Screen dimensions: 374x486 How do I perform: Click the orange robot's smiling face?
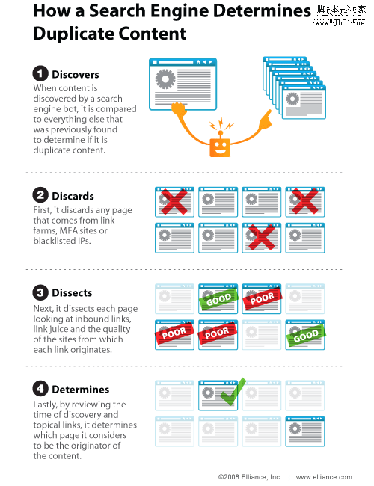click(x=220, y=147)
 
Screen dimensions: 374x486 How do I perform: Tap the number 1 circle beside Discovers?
click(x=40, y=74)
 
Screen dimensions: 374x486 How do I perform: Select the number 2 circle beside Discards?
click(x=40, y=195)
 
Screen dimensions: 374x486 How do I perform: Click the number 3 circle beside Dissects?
click(x=40, y=292)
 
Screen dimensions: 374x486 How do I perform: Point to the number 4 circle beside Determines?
click(x=40, y=389)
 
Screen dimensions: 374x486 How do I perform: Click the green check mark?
click(x=233, y=392)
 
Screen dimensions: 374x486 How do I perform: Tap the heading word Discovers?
click(x=76, y=74)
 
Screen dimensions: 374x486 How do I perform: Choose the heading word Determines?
click(x=81, y=390)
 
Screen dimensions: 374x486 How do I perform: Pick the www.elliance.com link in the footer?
click(x=324, y=477)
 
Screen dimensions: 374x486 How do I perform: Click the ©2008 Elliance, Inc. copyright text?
click(x=250, y=477)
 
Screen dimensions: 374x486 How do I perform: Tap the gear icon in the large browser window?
click(x=165, y=79)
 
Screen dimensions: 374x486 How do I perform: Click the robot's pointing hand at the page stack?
click(x=265, y=120)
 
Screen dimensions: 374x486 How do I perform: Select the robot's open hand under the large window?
click(x=179, y=110)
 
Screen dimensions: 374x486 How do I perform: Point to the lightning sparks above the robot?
click(x=221, y=124)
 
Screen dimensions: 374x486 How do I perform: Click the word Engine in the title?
click(x=180, y=12)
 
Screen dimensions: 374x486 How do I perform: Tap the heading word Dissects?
click(x=72, y=292)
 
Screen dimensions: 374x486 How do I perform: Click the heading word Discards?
click(x=73, y=196)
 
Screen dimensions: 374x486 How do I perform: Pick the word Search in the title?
click(x=117, y=10)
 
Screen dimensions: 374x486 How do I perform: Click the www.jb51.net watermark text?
click(x=340, y=22)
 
